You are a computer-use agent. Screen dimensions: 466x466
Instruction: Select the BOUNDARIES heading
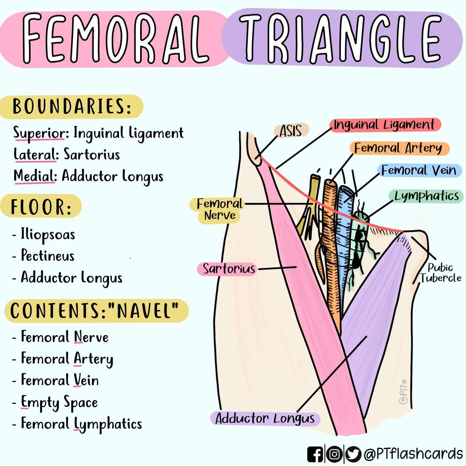click(x=72, y=106)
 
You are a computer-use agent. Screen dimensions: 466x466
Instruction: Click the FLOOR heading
click(x=41, y=207)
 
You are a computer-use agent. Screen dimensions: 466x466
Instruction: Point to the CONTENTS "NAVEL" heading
click(x=95, y=311)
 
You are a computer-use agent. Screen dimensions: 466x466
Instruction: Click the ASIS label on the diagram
click(x=291, y=131)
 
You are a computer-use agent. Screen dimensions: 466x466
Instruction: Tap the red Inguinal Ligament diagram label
click(x=384, y=125)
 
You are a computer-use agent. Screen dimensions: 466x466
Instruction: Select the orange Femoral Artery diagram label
click(x=398, y=148)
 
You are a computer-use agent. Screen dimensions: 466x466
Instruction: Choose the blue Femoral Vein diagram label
click(x=419, y=170)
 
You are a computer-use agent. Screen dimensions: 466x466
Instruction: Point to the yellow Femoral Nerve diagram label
click(x=219, y=209)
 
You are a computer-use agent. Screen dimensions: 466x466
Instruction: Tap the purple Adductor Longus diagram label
click(x=265, y=419)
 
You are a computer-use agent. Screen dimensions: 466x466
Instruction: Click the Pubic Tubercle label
click(x=440, y=273)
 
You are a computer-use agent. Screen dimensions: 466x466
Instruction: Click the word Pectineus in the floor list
click(x=47, y=256)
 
